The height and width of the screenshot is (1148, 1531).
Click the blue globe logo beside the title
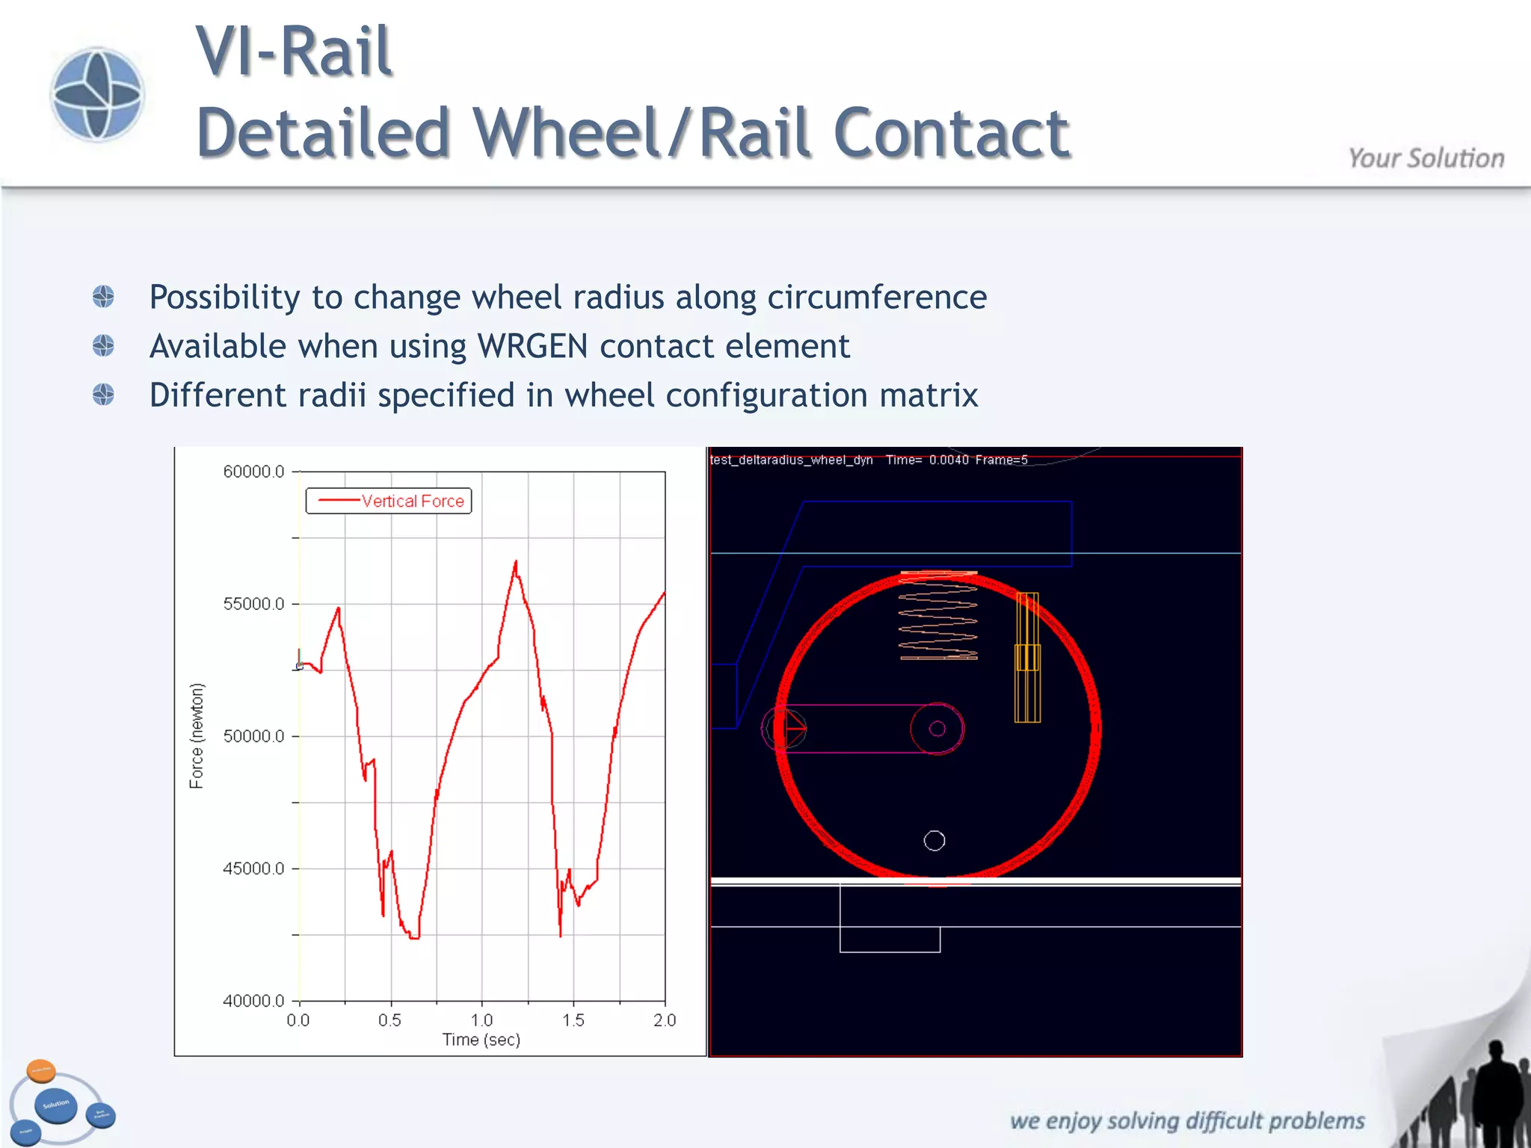coord(97,94)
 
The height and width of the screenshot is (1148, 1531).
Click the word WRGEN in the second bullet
coord(533,347)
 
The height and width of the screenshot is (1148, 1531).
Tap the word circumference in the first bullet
coord(877,297)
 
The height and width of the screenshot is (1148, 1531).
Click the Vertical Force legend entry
coord(389,501)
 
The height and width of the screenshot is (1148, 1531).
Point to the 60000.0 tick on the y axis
coord(254,472)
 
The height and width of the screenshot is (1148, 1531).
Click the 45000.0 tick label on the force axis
coord(254,868)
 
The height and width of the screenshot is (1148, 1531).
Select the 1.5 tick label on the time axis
coord(573,1020)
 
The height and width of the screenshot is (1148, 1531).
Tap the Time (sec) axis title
coord(481,1040)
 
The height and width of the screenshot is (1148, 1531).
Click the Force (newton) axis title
coord(197,735)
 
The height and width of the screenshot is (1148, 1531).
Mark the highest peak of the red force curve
coord(516,561)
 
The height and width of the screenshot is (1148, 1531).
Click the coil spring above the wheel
coord(938,617)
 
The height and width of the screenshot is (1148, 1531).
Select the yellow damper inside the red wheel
coord(1027,658)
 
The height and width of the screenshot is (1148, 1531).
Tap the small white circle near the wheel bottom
coord(934,841)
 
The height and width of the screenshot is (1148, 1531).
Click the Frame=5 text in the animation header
coord(1001,460)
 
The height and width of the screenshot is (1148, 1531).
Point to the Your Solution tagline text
coord(1426,158)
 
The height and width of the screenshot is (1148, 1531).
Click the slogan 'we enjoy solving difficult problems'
coord(1187,1120)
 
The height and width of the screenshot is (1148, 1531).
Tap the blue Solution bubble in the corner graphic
coord(56,1105)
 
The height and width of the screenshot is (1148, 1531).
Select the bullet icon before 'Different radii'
coord(104,395)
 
